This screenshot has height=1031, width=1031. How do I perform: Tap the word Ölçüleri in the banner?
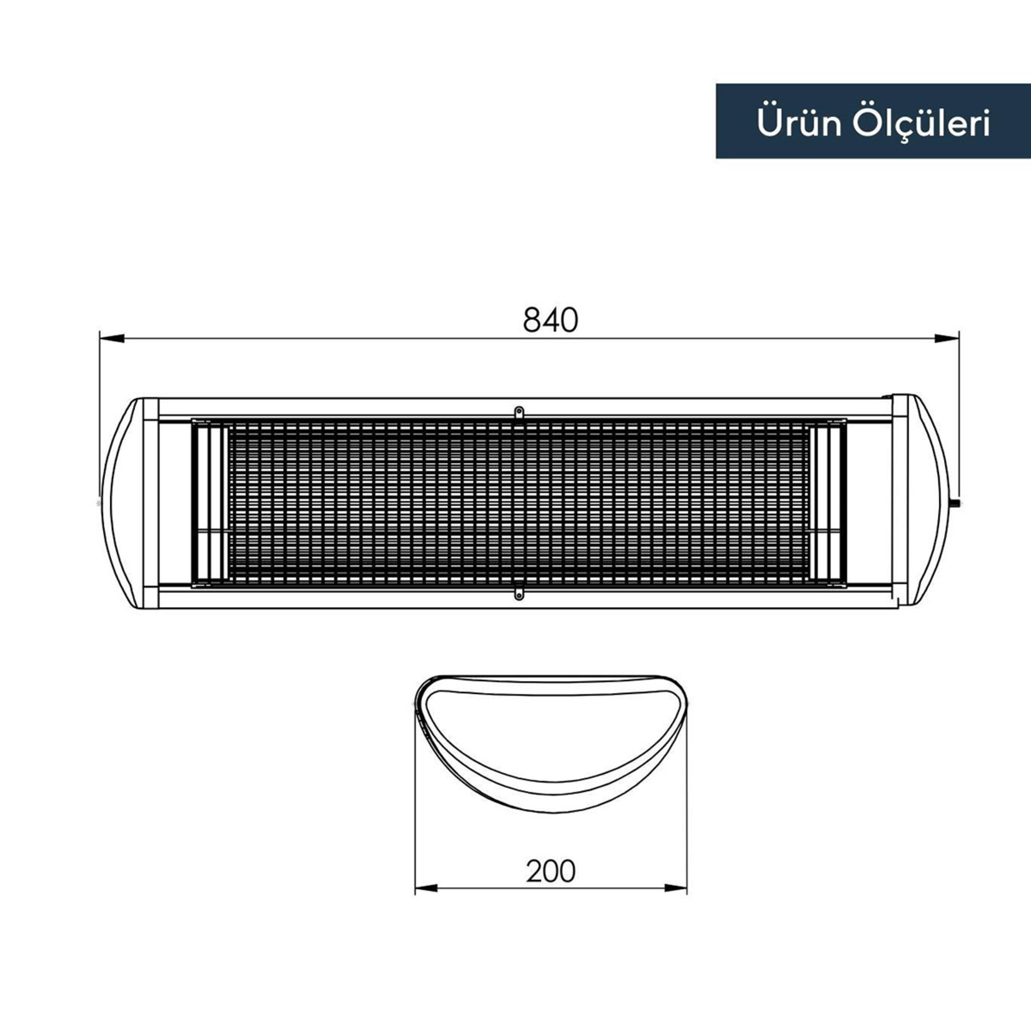click(922, 124)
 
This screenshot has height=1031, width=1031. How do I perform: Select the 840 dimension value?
click(550, 320)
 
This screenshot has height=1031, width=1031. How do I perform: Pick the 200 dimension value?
click(550, 870)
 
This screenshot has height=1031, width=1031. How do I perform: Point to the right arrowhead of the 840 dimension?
click(946, 339)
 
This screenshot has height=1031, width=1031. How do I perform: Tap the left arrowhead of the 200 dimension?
click(427, 888)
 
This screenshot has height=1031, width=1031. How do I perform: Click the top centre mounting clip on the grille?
click(519, 413)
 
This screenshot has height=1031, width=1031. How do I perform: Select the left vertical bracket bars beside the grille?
click(209, 503)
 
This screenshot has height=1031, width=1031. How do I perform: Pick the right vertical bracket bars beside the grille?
click(827, 503)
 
